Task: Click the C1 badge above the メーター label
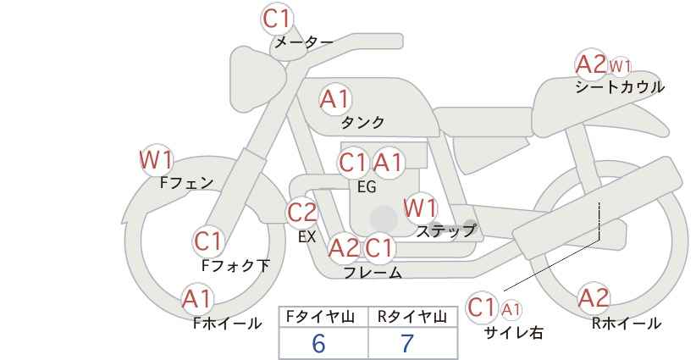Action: click(x=276, y=19)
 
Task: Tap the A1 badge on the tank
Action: click(x=335, y=99)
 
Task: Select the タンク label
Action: click(x=362, y=123)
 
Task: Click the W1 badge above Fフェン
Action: click(x=155, y=160)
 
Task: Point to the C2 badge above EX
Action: click(x=301, y=213)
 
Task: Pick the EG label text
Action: click(x=367, y=187)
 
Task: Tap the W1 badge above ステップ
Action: click(x=420, y=208)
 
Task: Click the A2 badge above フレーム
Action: click(x=344, y=248)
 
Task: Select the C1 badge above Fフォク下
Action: click(x=207, y=242)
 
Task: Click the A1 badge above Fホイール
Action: click(x=197, y=299)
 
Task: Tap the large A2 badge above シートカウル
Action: click(x=590, y=65)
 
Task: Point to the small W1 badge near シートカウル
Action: click(x=620, y=67)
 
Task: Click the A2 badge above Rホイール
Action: click(x=594, y=298)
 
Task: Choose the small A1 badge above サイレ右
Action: click(x=511, y=310)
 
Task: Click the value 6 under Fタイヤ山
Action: click(x=318, y=343)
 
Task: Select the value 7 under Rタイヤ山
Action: click(x=407, y=343)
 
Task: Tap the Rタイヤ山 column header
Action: click(x=412, y=317)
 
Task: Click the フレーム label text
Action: click(x=373, y=272)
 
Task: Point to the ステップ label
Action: click(x=445, y=231)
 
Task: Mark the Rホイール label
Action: click(x=627, y=324)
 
